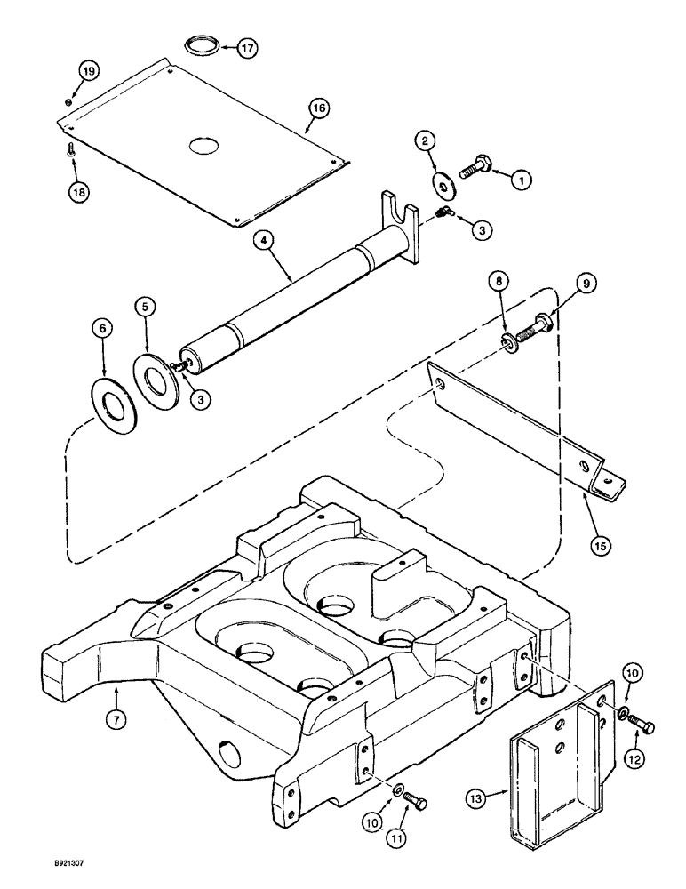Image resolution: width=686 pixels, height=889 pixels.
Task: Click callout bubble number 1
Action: pos(522,179)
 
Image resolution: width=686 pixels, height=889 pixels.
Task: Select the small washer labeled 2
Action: pos(441,180)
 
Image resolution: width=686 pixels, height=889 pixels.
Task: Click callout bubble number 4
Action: pos(260,240)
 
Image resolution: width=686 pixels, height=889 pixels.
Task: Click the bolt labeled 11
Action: pos(416,802)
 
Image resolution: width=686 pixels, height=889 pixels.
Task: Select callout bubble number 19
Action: pos(88,71)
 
